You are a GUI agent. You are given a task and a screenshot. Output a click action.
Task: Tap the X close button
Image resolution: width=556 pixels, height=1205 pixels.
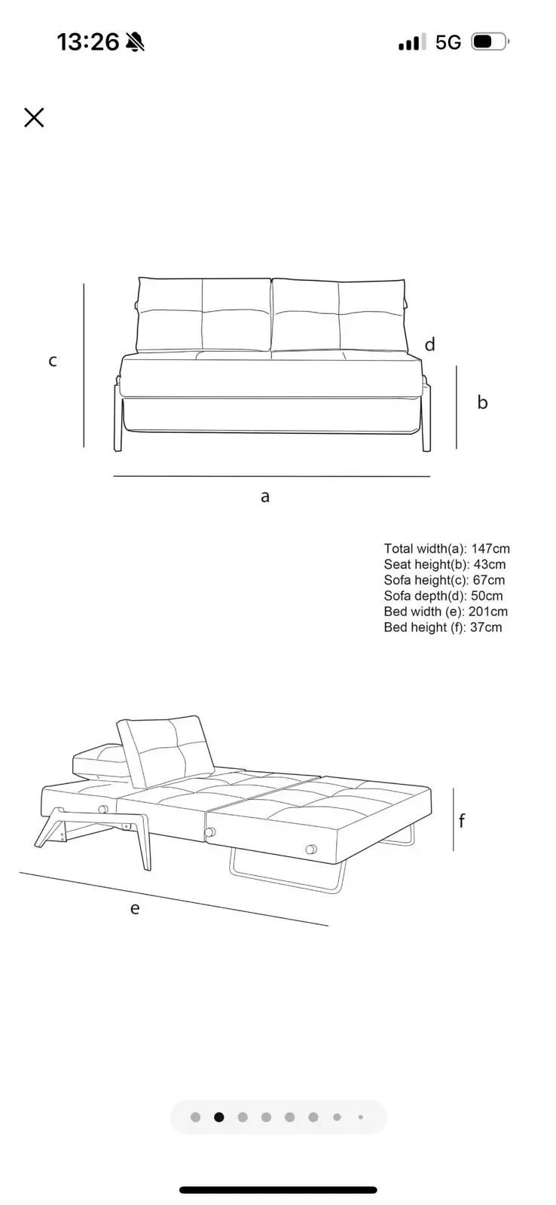click(x=34, y=117)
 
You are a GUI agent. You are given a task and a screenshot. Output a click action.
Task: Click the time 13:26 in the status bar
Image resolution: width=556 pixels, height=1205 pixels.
click(x=87, y=42)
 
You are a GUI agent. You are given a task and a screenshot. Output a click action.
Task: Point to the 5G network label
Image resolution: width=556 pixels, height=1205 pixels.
click(x=448, y=42)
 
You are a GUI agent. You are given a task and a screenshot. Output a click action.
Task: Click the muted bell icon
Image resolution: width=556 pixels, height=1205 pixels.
click(x=135, y=42)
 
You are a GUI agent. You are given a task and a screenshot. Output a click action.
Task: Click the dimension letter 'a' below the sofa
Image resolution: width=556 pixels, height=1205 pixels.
click(x=264, y=496)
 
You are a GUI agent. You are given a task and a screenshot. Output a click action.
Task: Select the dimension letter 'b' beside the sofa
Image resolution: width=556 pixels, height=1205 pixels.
click(x=482, y=401)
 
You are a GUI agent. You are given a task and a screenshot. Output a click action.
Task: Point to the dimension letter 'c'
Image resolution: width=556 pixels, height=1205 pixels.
click(x=53, y=361)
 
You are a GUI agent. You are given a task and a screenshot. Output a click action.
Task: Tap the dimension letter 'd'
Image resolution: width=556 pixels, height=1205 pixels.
click(x=429, y=344)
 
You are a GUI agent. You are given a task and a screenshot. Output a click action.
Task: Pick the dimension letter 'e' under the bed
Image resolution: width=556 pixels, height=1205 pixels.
click(x=135, y=908)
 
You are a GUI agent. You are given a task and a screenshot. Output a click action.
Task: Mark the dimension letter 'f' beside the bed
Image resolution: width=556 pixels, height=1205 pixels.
click(x=461, y=820)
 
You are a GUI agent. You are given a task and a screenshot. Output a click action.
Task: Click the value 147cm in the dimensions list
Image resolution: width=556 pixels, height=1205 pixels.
click(x=490, y=549)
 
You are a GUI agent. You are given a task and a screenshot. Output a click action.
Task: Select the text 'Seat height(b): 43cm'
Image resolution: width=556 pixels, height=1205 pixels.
click(x=444, y=564)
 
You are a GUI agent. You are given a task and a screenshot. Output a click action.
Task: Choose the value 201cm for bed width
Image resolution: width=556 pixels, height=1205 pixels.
click(x=487, y=612)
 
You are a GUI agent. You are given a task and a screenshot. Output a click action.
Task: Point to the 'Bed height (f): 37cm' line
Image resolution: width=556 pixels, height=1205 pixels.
click(x=443, y=627)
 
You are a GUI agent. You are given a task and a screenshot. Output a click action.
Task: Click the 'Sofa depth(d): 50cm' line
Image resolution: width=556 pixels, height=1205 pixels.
click(x=443, y=596)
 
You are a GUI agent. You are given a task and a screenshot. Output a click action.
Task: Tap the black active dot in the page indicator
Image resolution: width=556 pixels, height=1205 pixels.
click(x=219, y=1118)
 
